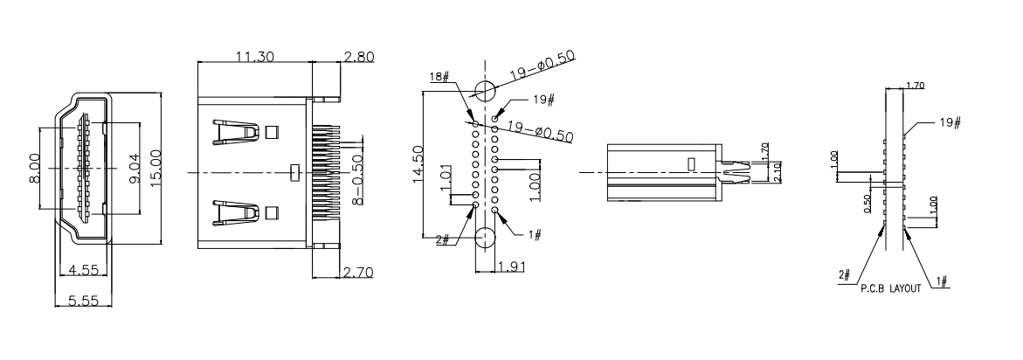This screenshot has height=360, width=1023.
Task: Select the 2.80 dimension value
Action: pyautogui.click(x=358, y=57)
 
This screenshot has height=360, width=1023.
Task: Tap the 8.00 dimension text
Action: pyautogui.click(x=34, y=167)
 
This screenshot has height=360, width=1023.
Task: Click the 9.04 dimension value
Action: pyautogui.click(x=134, y=167)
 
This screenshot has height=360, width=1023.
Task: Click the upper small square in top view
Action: pyautogui.click(x=272, y=132)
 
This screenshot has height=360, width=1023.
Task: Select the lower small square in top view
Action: pyautogui.click(x=272, y=211)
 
